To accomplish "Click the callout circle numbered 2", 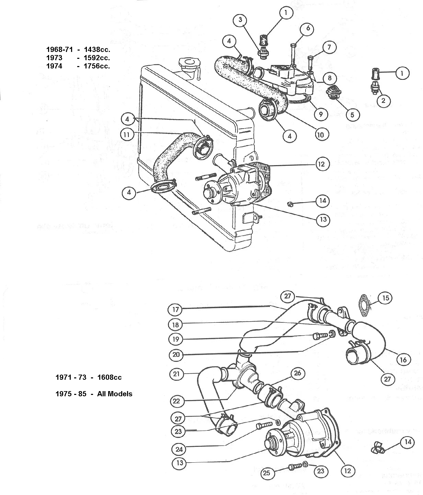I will (384, 100).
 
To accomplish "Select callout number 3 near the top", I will (240, 20).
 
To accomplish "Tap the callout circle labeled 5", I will (352, 115).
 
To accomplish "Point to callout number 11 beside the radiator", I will (127, 134).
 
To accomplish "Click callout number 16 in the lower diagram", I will (403, 360).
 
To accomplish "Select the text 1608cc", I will (109, 377).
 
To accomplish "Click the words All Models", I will (115, 394).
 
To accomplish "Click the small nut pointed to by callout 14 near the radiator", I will (290, 205).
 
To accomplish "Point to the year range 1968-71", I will (59, 50).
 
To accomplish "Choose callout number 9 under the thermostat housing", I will (321, 114).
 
